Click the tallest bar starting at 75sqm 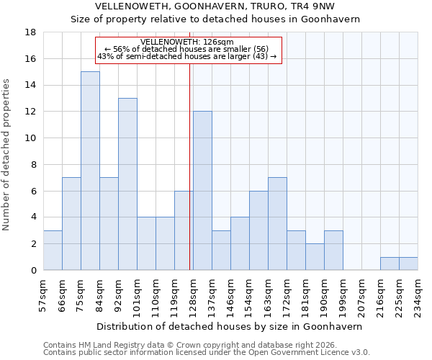point(90,171)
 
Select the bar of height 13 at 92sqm point(127,184)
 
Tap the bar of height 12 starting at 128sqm point(202,191)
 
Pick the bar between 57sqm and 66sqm point(53,251)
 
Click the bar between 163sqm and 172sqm point(277,224)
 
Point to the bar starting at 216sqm point(390,264)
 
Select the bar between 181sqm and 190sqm point(315,257)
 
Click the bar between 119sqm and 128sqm point(184,230)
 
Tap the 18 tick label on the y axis point(31,32)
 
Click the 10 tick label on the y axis point(31,138)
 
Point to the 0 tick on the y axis point(34,270)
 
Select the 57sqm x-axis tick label point(43,294)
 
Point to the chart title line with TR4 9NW point(215,6)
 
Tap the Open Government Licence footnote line point(207,353)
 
